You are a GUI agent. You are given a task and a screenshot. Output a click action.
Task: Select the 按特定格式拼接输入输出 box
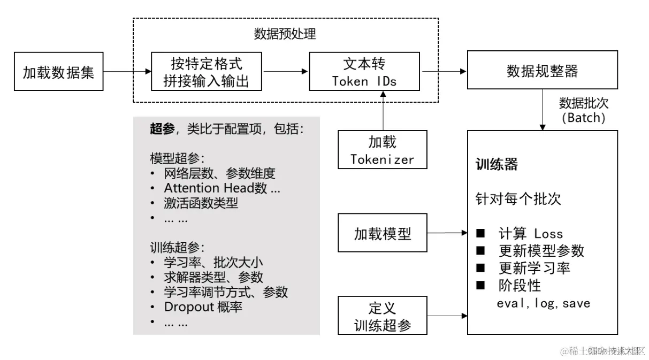pyautogui.click(x=206, y=71)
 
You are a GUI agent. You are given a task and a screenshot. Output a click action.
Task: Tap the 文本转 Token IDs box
pyautogui.click(x=366, y=71)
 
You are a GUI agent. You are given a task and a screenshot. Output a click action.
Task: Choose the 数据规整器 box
pyautogui.click(x=542, y=70)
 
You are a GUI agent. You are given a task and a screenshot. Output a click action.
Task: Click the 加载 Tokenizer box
pyautogui.click(x=383, y=150)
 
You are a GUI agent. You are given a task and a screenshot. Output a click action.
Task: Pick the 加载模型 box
pyautogui.click(x=383, y=233)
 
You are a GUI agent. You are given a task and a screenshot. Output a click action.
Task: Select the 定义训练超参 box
pyautogui.click(x=383, y=316)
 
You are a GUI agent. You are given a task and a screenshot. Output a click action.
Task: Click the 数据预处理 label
pyautogui.click(x=285, y=35)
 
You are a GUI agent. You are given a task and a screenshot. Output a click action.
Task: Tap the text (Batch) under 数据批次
pyautogui.click(x=584, y=118)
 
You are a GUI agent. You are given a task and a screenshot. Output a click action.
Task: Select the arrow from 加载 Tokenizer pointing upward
pyautogui.click(x=383, y=110)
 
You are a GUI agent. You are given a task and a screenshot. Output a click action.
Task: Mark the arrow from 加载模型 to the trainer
pyautogui.click(x=447, y=233)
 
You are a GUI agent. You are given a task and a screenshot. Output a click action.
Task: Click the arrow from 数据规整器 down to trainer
pyautogui.click(x=543, y=110)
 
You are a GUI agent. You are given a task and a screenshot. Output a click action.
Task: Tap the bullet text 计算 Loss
pyautogui.click(x=530, y=234)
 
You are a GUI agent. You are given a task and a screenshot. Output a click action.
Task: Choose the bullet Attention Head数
pyautogui.click(x=222, y=188)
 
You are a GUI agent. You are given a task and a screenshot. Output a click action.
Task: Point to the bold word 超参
pyautogui.click(x=163, y=129)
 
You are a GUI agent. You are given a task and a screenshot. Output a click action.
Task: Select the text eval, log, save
pyautogui.click(x=544, y=303)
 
